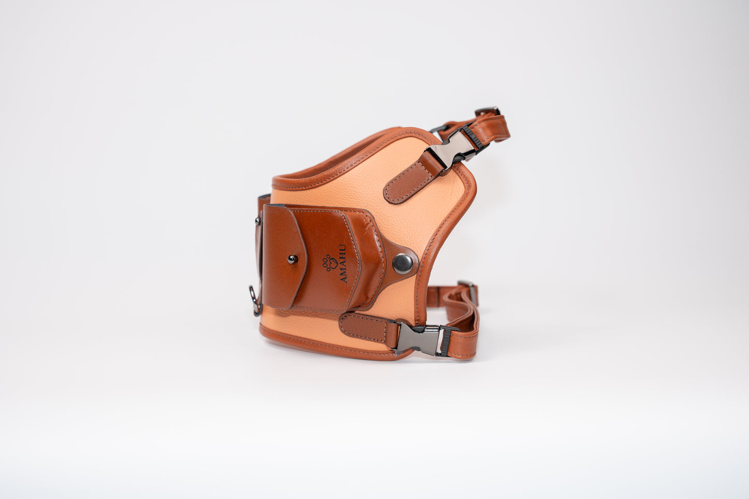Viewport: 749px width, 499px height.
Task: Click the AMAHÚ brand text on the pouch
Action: coord(343,264)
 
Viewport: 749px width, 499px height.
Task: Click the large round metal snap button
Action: coord(403,264)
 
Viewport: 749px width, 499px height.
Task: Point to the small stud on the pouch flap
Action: coord(293,259)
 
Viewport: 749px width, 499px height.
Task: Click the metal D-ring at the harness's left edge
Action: coord(255,300)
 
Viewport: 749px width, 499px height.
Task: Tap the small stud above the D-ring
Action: coord(258,221)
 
